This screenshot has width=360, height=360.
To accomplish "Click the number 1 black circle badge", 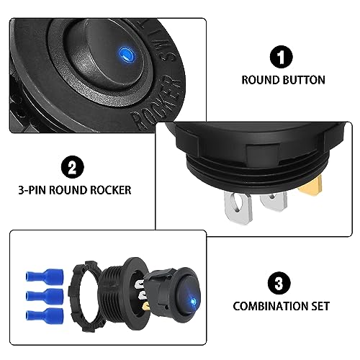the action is coord(282,57).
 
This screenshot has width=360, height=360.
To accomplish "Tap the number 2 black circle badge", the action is coord(73,167).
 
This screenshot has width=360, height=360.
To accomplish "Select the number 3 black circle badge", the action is coord(279,283).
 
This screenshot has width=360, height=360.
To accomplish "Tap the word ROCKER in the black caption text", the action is coord(111,190).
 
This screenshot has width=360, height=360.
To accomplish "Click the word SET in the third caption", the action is coord(320,307).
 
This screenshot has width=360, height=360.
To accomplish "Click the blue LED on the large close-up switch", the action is coord(125,53).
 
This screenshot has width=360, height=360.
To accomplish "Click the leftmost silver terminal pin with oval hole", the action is coord(238,207).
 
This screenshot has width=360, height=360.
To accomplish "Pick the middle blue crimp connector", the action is coord(45,296).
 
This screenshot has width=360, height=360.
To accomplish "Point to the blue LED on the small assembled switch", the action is coord(192,300).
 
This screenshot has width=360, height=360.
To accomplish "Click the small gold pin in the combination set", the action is coord(146,305).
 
